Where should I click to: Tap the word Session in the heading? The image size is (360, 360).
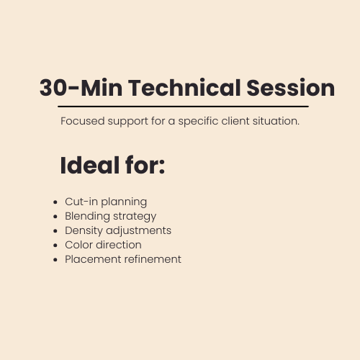point(291,88)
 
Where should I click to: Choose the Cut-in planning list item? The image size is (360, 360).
point(106,202)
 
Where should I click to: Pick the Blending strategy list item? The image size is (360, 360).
point(110,216)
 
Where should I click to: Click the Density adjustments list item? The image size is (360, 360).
point(118,230)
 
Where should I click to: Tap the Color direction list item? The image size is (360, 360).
point(103,245)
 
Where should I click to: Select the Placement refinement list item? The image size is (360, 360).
point(123,259)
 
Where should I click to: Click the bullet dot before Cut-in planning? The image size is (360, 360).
point(56,202)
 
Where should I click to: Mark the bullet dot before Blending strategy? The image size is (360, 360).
point(56,217)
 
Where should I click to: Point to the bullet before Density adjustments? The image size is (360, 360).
point(56,231)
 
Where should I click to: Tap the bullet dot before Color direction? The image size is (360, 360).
point(56,246)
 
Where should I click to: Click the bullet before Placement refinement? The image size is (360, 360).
point(56,260)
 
